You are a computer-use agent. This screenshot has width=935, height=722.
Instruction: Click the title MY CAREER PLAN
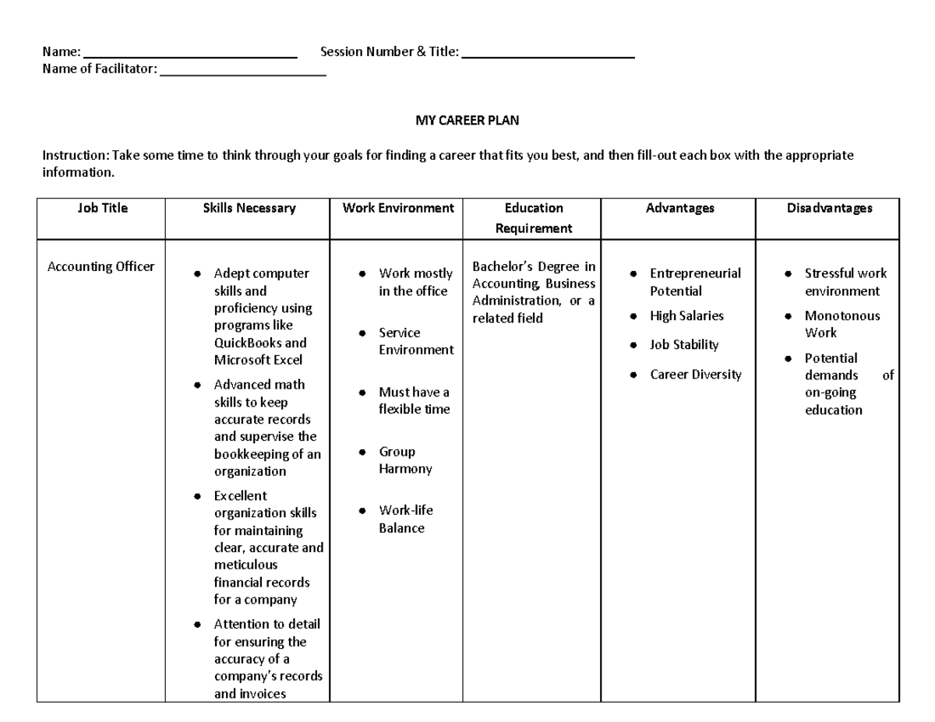[467, 121]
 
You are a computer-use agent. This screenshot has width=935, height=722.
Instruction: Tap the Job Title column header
[102, 208]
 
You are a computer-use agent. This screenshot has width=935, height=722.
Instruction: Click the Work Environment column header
[398, 208]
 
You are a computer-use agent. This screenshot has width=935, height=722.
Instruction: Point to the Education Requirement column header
[534, 218]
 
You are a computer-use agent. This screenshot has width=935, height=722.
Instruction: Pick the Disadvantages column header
[829, 208]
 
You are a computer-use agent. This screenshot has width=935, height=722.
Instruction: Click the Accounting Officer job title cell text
[101, 267]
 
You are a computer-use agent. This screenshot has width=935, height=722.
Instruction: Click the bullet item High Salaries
[686, 315]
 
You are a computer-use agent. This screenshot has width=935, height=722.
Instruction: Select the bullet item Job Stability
[684, 344]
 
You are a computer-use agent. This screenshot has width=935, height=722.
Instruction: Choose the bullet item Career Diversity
[695, 375]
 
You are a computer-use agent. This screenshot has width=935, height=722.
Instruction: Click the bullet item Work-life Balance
[405, 519]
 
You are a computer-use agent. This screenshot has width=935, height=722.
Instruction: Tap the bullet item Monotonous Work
[841, 324]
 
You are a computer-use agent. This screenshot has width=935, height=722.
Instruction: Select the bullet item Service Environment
[415, 341]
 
